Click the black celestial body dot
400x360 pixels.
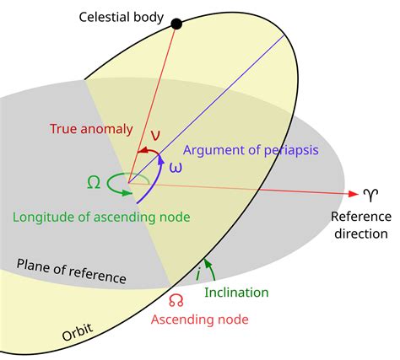coord(176,23)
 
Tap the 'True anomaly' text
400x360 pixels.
coord(91,129)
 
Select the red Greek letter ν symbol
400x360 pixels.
coord(154,136)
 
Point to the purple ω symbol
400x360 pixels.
coord(176,167)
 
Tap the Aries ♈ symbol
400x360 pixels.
coord(370,195)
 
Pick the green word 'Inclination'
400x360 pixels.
coord(237,292)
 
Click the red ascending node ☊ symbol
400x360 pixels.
coord(176,300)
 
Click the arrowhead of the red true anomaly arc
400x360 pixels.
coord(142,151)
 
